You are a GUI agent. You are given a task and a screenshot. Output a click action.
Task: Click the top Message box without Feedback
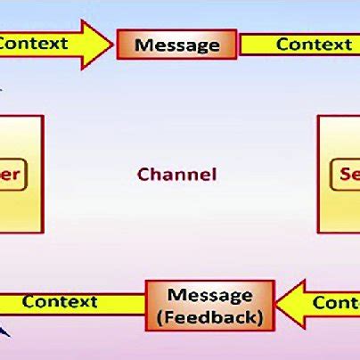pyautogui.click(x=176, y=44)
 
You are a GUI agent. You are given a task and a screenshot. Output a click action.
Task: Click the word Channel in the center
pyautogui.click(x=176, y=174)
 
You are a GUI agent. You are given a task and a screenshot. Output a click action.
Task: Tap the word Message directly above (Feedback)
pyautogui.click(x=210, y=295)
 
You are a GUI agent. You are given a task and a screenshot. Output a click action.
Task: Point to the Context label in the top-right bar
pyautogui.click(x=314, y=45)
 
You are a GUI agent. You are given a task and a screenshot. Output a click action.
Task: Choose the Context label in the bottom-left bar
pyautogui.click(x=60, y=301)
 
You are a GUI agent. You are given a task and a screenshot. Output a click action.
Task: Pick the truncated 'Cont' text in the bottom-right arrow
pyautogui.click(x=336, y=303)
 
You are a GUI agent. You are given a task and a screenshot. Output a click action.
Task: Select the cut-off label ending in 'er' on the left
pyautogui.click(x=14, y=173)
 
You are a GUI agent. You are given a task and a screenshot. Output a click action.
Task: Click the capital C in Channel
pyautogui.click(x=143, y=174)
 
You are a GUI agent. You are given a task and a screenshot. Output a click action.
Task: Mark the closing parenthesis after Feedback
pyautogui.click(x=260, y=317)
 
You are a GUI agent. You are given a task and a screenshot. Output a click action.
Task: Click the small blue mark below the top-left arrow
pyautogui.click(x=3, y=86)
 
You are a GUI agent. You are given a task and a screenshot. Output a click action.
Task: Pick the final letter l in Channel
pyautogui.click(x=213, y=174)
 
